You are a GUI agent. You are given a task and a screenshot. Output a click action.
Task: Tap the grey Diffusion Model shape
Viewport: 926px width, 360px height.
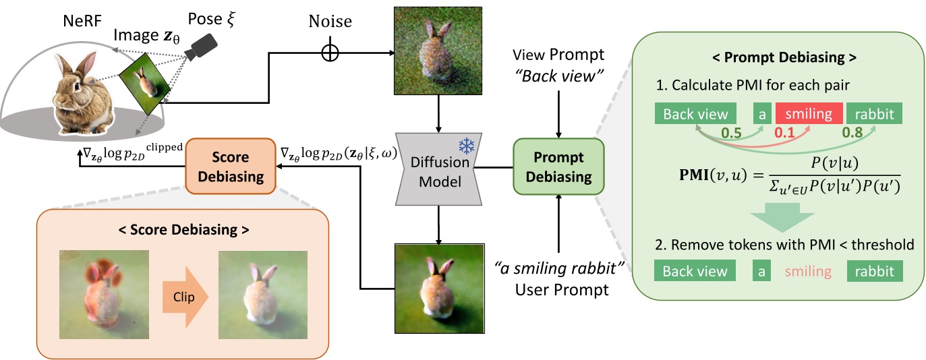point(441,168)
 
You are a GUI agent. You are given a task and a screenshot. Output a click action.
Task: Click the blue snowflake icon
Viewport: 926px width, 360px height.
point(465,146)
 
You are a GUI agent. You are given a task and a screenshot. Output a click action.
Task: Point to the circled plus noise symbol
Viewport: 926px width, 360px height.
point(330,53)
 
